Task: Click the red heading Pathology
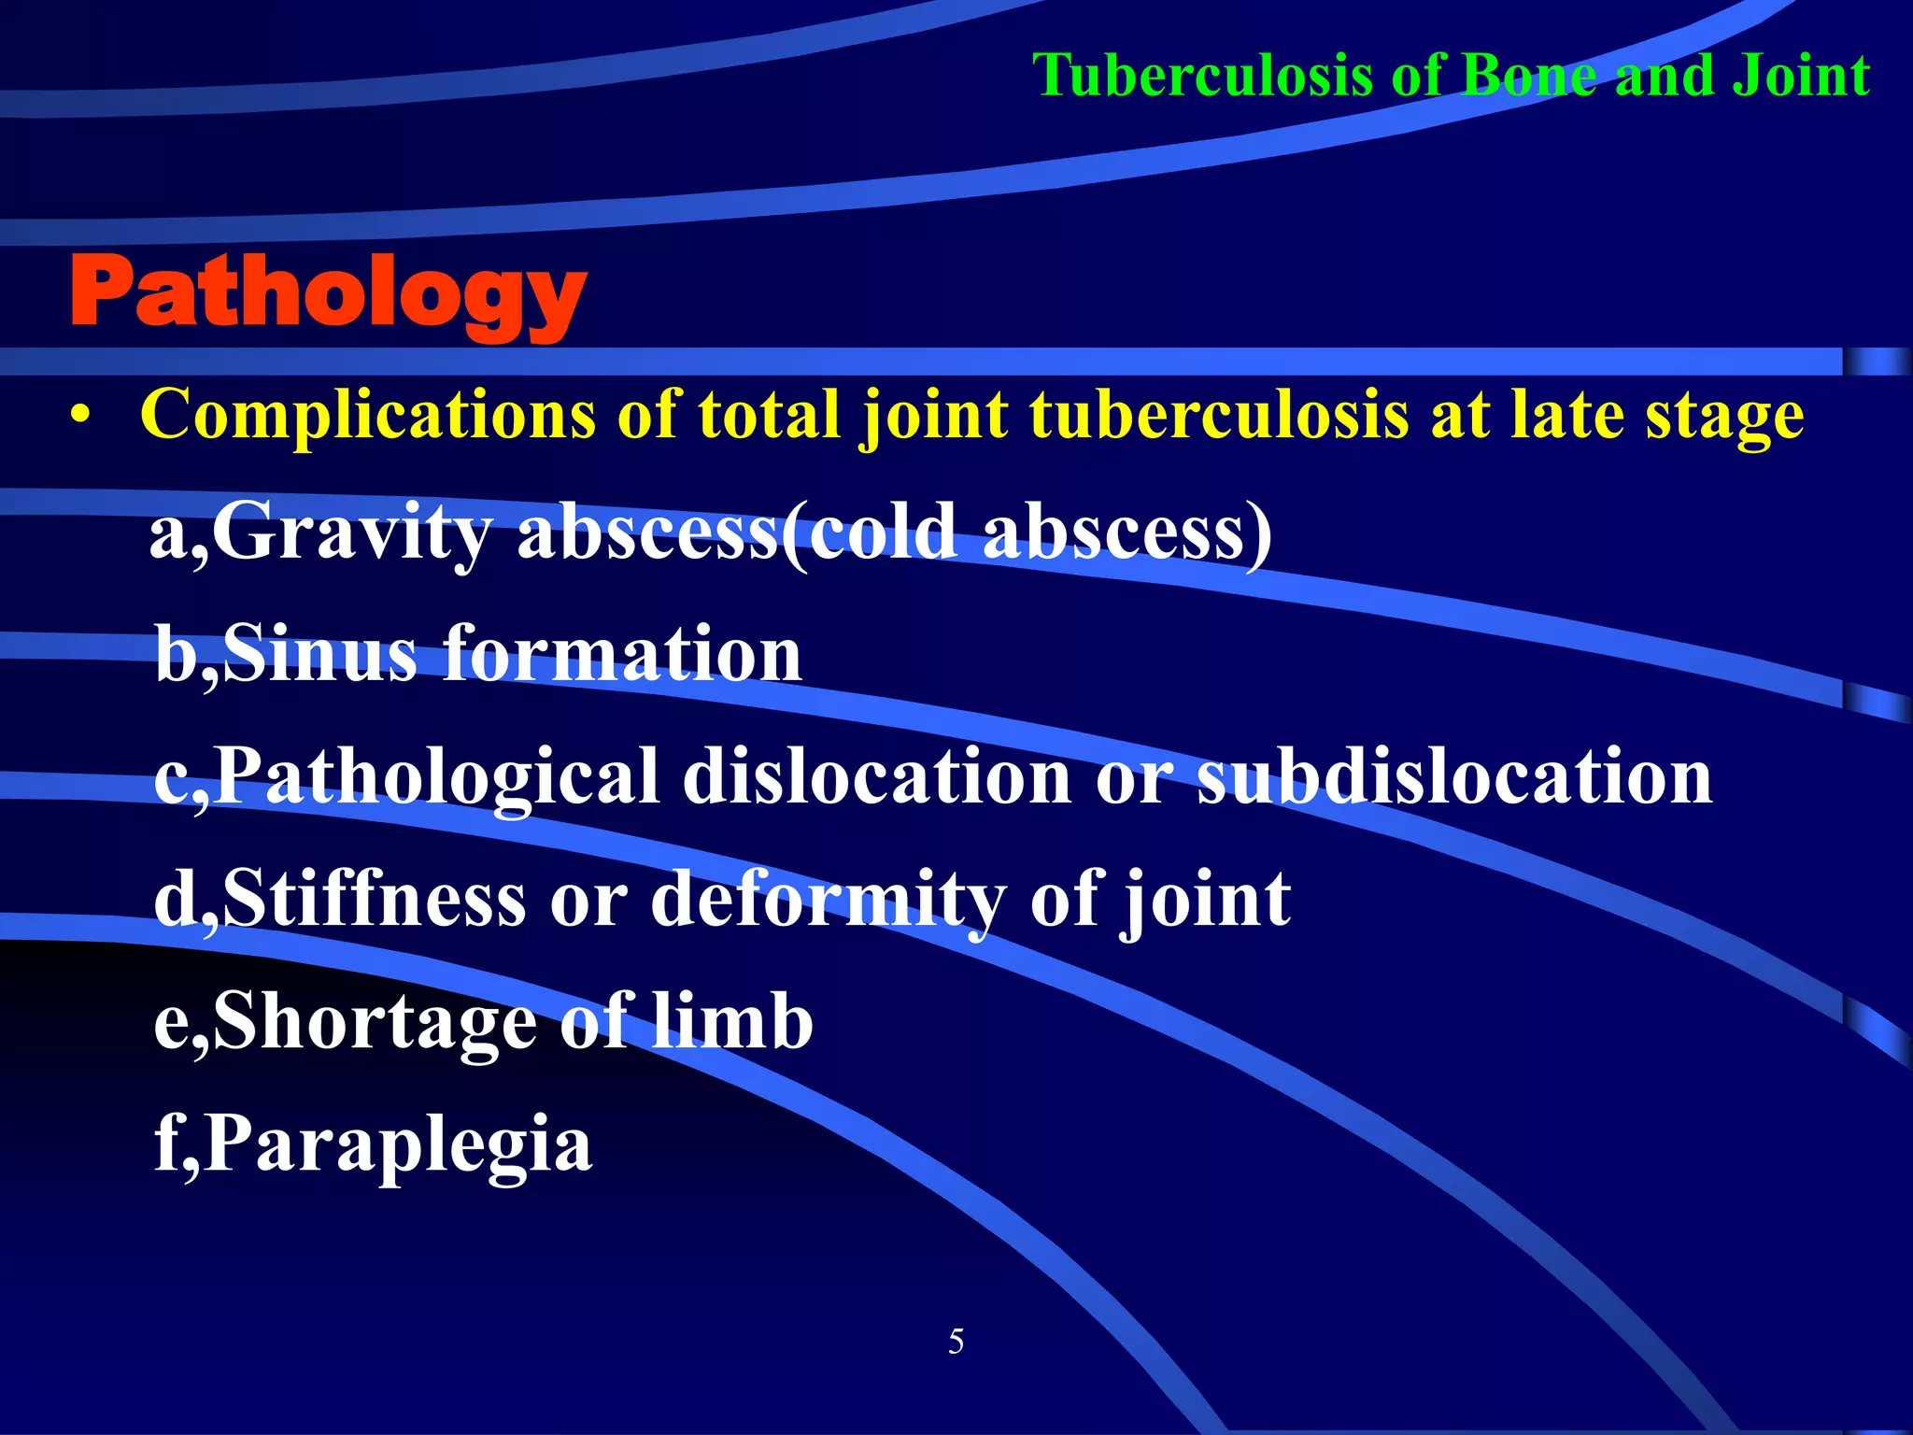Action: coord(327,294)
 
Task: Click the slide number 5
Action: coord(956,1342)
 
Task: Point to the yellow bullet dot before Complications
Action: coord(81,417)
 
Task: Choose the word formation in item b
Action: coord(622,654)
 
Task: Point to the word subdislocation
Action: coord(1454,777)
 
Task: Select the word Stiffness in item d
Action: coord(374,899)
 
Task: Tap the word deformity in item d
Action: coord(828,901)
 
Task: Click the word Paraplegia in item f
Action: coord(396,1145)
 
